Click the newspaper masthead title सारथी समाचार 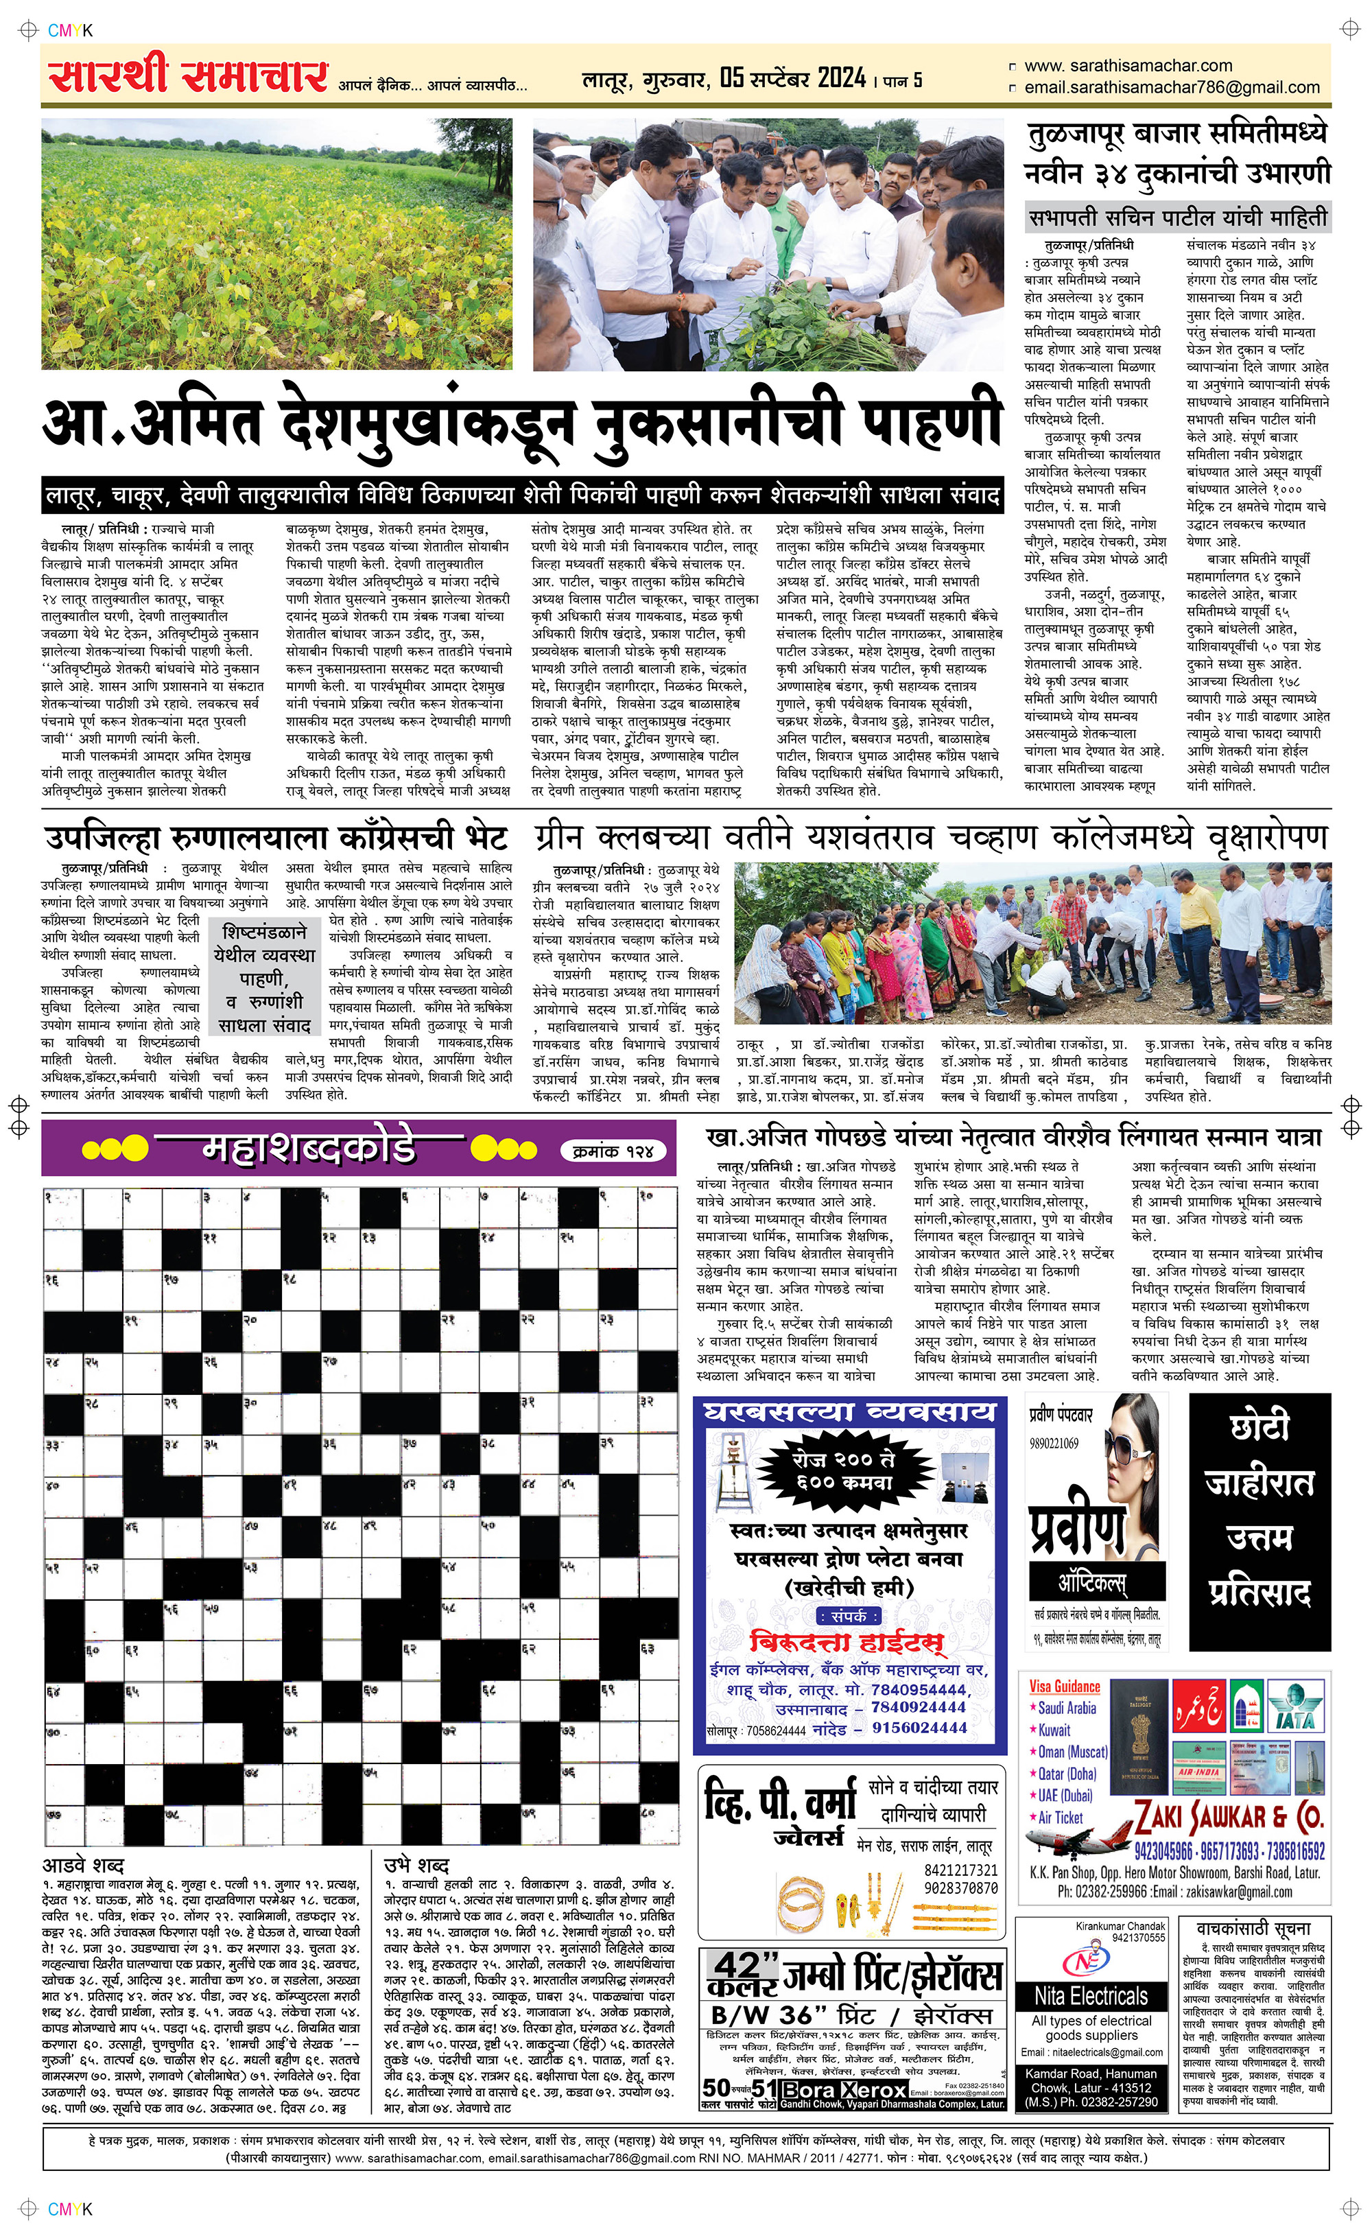[188, 76]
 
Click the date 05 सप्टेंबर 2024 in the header [793, 78]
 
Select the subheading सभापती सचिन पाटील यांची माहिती [1177, 218]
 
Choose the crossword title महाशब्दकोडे [309, 1149]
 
